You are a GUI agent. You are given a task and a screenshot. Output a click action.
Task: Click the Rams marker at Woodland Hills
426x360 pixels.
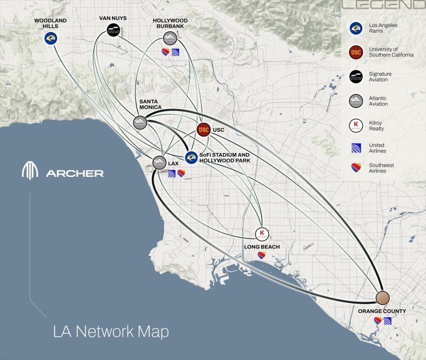tap(50, 39)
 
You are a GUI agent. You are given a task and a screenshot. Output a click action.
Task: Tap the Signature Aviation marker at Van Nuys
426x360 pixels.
tap(113, 30)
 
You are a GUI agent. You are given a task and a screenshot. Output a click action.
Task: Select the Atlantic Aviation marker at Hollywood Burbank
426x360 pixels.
tap(169, 38)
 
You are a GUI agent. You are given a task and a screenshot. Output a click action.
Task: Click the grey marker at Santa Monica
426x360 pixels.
tap(140, 123)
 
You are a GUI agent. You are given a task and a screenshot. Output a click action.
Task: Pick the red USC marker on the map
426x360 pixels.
tap(203, 130)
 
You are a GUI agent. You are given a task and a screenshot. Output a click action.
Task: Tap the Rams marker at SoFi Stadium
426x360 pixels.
tap(191, 157)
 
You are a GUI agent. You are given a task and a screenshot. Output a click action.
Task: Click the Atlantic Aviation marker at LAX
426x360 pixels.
tap(160, 162)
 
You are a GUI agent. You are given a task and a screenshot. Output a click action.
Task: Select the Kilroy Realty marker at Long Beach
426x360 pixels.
tap(262, 234)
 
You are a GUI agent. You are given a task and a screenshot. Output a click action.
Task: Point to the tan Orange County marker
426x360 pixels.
tap(383, 298)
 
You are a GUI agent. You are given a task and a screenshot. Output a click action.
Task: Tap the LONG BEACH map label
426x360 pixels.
tap(261, 247)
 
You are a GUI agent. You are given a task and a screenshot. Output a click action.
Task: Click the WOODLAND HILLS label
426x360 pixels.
tap(50, 23)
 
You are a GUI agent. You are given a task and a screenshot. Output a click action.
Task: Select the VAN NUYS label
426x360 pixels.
tap(113, 18)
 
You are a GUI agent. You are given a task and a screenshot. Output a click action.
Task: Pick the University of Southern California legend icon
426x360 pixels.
tap(356, 52)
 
